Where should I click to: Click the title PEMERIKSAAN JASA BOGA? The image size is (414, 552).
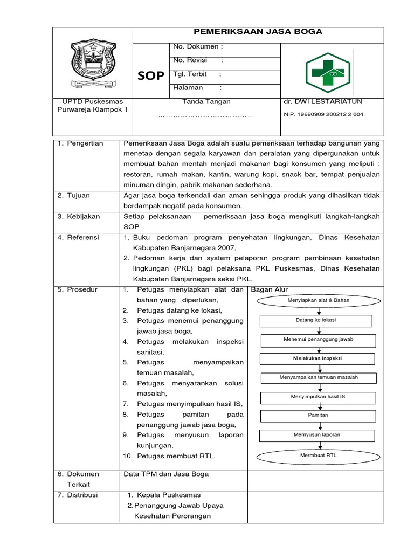258,32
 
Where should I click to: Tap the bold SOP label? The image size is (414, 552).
151,76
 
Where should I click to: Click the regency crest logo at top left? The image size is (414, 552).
93,61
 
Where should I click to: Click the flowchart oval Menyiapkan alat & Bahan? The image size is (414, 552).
319,300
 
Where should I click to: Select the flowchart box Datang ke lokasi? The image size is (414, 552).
316,320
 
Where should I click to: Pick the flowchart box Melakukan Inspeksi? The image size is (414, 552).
318,358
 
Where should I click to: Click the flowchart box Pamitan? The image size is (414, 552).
318,415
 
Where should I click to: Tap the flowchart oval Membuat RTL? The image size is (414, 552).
318,456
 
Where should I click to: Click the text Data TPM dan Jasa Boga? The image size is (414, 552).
166,474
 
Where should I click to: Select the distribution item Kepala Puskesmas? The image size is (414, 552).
169,495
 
